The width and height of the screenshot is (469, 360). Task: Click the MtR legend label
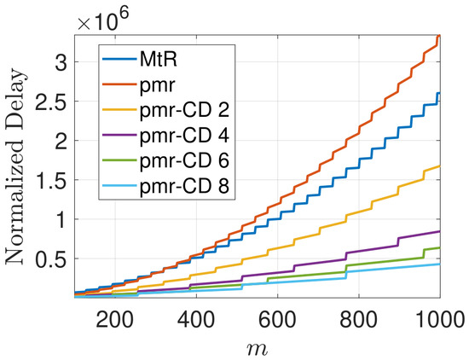click(159, 60)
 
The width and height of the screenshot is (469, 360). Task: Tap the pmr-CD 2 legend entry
click(184, 110)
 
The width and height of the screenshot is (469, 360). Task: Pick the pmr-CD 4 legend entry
click(184, 136)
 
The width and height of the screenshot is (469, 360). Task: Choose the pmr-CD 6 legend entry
click(184, 160)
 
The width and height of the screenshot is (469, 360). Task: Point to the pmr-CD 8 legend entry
click(184, 186)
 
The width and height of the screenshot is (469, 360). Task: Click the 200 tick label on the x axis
click(115, 320)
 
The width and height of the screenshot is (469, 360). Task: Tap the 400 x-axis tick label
click(196, 320)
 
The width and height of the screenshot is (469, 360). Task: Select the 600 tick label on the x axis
click(278, 320)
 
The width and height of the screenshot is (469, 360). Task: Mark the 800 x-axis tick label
click(359, 320)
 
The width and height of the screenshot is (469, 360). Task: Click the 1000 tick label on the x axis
click(440, 320)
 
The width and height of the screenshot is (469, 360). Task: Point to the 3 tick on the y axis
click(61, 62)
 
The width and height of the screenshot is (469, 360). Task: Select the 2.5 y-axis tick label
click(50, 102)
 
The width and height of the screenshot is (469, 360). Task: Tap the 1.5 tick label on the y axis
click(50, 180)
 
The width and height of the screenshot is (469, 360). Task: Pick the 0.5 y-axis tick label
click(50, 258)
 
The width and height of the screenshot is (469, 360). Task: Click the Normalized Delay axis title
click(15, 166)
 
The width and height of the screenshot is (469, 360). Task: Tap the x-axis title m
click(258, 349)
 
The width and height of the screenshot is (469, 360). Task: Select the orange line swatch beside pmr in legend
click(119, 84)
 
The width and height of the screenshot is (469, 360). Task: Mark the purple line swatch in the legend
click(119, 136)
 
